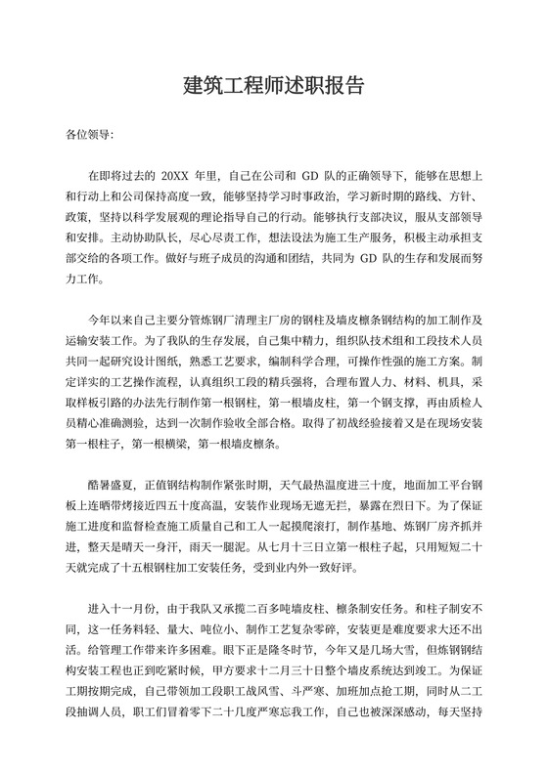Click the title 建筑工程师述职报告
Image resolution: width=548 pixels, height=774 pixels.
273,85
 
